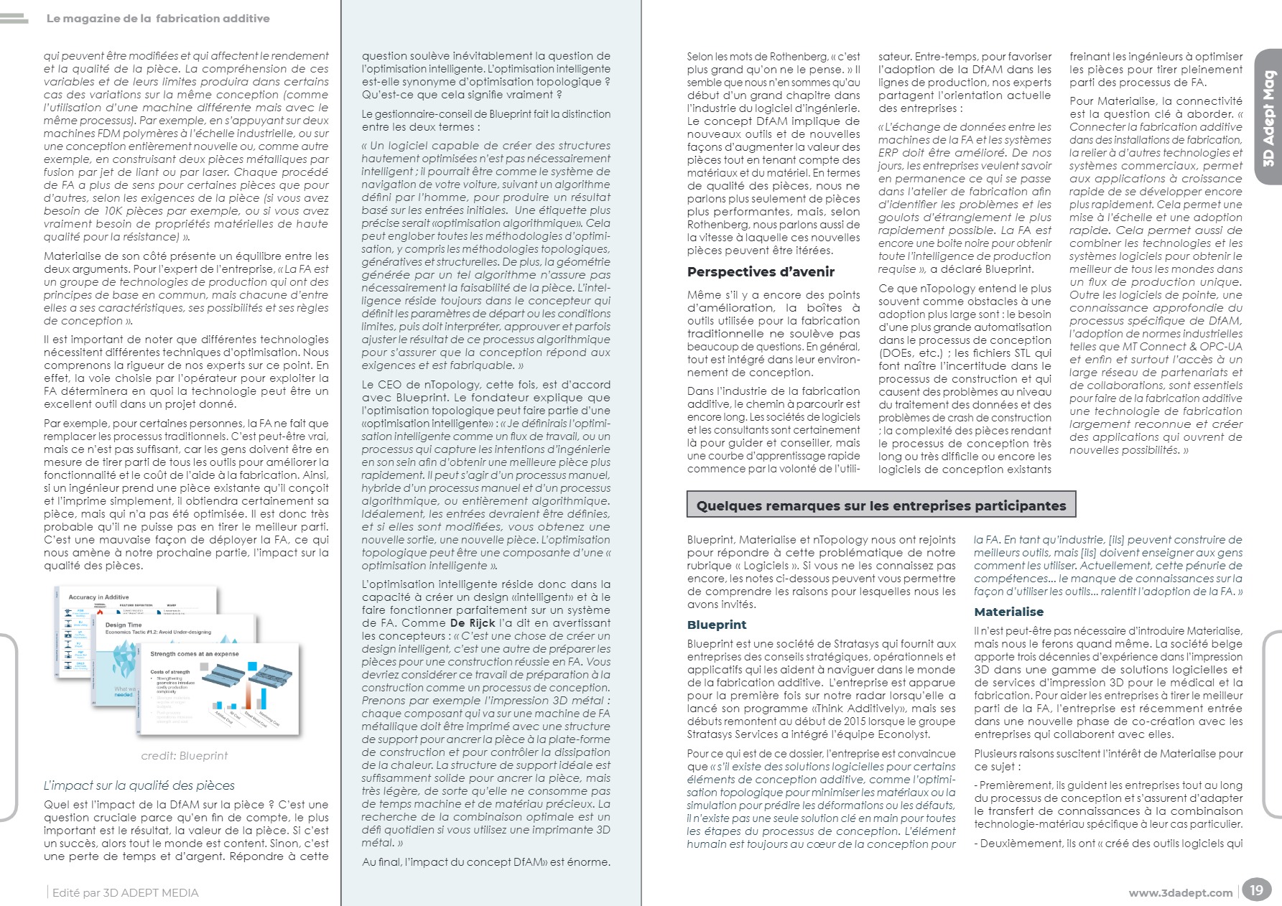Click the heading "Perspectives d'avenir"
point(761,272)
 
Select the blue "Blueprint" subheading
point(716,625)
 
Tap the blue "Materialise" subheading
point(1008,612)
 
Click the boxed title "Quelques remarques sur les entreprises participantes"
point(881,505)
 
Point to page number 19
point(1255,890)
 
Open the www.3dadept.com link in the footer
point(1180,893)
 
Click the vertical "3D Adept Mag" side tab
point(1268,118)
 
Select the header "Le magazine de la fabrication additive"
point(158,19)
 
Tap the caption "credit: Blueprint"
point(185,755)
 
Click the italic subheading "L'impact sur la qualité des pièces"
point(139,785)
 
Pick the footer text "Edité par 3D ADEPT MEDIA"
point(125,893)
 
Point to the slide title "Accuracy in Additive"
point(98,597)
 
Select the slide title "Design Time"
point(124,625)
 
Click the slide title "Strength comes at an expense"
point(195,654)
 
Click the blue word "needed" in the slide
point(124,694)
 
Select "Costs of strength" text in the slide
point(170,672)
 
